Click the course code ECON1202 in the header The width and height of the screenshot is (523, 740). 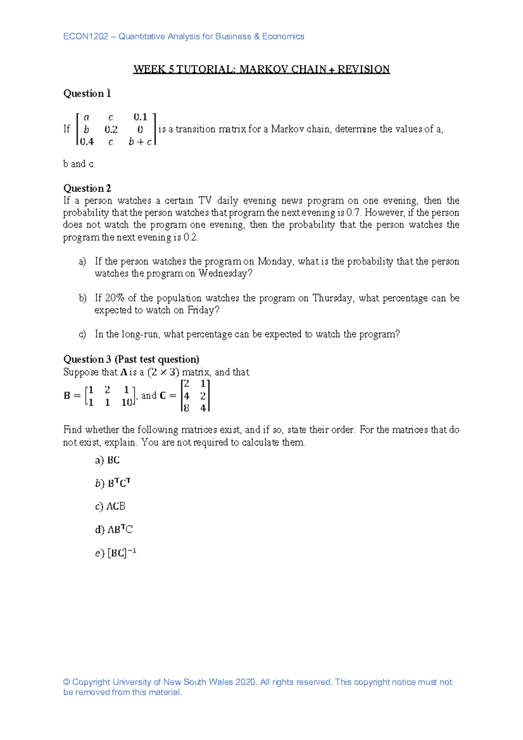pos(85,37)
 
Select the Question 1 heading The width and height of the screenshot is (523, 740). pos(87,94)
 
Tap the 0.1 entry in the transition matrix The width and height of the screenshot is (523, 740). pos(140,117)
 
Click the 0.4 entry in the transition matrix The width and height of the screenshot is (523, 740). pos(87,142)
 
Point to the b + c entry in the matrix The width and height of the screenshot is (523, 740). pos(140,142)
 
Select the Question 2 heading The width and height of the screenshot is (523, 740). pos(87,188)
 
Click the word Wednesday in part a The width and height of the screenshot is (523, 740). pos(225,274)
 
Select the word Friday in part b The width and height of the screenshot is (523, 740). pos(203,310)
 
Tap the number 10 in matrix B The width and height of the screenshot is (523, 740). pos(126,403)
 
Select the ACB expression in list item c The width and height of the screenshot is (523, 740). pos(116,506)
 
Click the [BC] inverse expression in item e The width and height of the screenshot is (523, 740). pos(122,553)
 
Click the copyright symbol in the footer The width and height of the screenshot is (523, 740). pos(67,682)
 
